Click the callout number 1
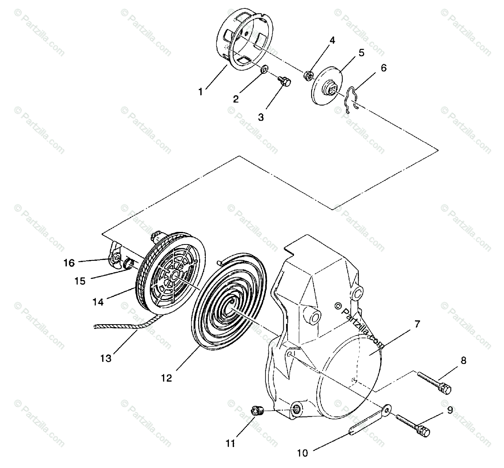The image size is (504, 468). point(201,91)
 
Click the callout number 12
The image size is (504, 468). point(166,378)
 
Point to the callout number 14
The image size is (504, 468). point(98,302)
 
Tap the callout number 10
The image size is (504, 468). point(302,453)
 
